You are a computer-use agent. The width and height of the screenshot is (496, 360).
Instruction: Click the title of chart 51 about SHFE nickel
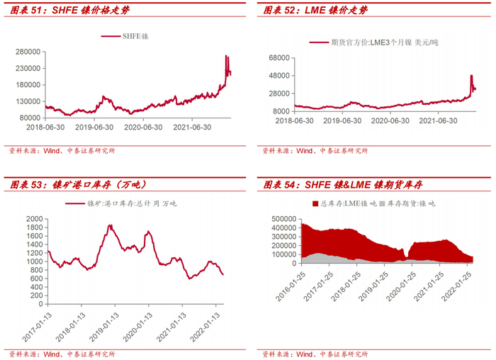(x=70, y=10)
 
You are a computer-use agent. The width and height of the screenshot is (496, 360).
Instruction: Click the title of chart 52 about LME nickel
(x=315, y=10)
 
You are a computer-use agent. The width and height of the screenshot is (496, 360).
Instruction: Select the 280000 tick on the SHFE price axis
(x=28, y=52)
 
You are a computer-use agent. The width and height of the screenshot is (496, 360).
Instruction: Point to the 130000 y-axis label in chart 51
(x=28, y=101)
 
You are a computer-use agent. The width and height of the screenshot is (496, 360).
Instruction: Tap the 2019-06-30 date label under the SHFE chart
(x=94, y=127)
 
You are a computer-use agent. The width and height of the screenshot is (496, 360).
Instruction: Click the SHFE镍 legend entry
(x=125, y=36)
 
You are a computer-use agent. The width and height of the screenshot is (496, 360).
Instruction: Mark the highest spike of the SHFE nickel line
(x=226, y=56)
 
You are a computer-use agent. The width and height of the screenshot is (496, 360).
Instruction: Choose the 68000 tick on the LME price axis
(x=279, y=58)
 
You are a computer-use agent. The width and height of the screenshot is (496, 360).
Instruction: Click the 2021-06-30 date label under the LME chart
(x=438, y=121)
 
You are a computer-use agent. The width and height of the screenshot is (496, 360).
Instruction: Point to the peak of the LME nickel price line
(x=471, y=75)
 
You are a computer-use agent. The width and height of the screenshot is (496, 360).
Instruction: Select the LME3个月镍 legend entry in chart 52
(x=374, y=43)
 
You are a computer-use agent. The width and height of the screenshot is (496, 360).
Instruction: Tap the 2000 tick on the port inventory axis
(x=35, y=219)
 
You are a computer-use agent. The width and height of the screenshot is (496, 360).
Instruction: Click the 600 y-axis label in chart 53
(x=37, y=279)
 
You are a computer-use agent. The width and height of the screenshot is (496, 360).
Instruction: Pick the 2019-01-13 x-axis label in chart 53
(x=104, y=327)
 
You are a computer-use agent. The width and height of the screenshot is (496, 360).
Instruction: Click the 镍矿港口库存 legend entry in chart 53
(x=121, y=203)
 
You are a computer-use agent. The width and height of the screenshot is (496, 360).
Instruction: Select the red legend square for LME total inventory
(x=315, y=203)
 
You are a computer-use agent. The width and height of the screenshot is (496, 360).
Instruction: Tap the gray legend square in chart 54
(x=382, y=203)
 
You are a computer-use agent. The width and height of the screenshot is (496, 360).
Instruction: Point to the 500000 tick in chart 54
(x=284, y=219)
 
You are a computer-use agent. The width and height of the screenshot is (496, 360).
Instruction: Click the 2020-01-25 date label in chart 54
(x=401, y=286)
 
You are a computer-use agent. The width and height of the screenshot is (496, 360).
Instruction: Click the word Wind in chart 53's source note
(x=52, y=354)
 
